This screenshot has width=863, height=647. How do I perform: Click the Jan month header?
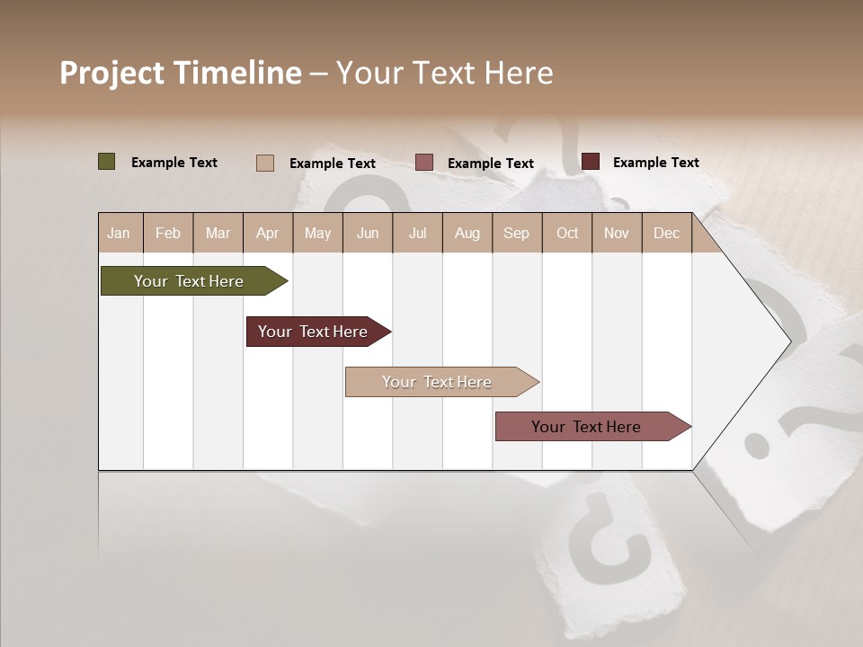coord(120,233)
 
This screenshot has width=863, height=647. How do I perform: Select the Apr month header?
coord(268,233)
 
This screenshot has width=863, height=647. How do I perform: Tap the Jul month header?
coord(417,233)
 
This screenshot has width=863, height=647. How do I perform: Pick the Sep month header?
coord(516,233)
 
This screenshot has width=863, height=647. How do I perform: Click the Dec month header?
coord(666,233)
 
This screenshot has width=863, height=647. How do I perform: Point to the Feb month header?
coord(168,233)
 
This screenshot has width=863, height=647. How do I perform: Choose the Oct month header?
coord(567,233)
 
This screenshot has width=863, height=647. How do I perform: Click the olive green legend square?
coord(107,162)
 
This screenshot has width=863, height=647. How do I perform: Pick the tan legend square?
coord(265,163)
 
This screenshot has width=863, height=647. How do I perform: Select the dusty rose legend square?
coord(424,163)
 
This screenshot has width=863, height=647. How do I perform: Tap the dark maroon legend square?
coord(591,162)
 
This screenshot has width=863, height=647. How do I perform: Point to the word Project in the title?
coord(112,73)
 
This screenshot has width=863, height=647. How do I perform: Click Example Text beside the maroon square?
coord(655,163)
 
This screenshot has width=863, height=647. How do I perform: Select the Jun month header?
coord(368,233)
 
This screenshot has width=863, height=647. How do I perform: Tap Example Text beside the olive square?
coord(174,163)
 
